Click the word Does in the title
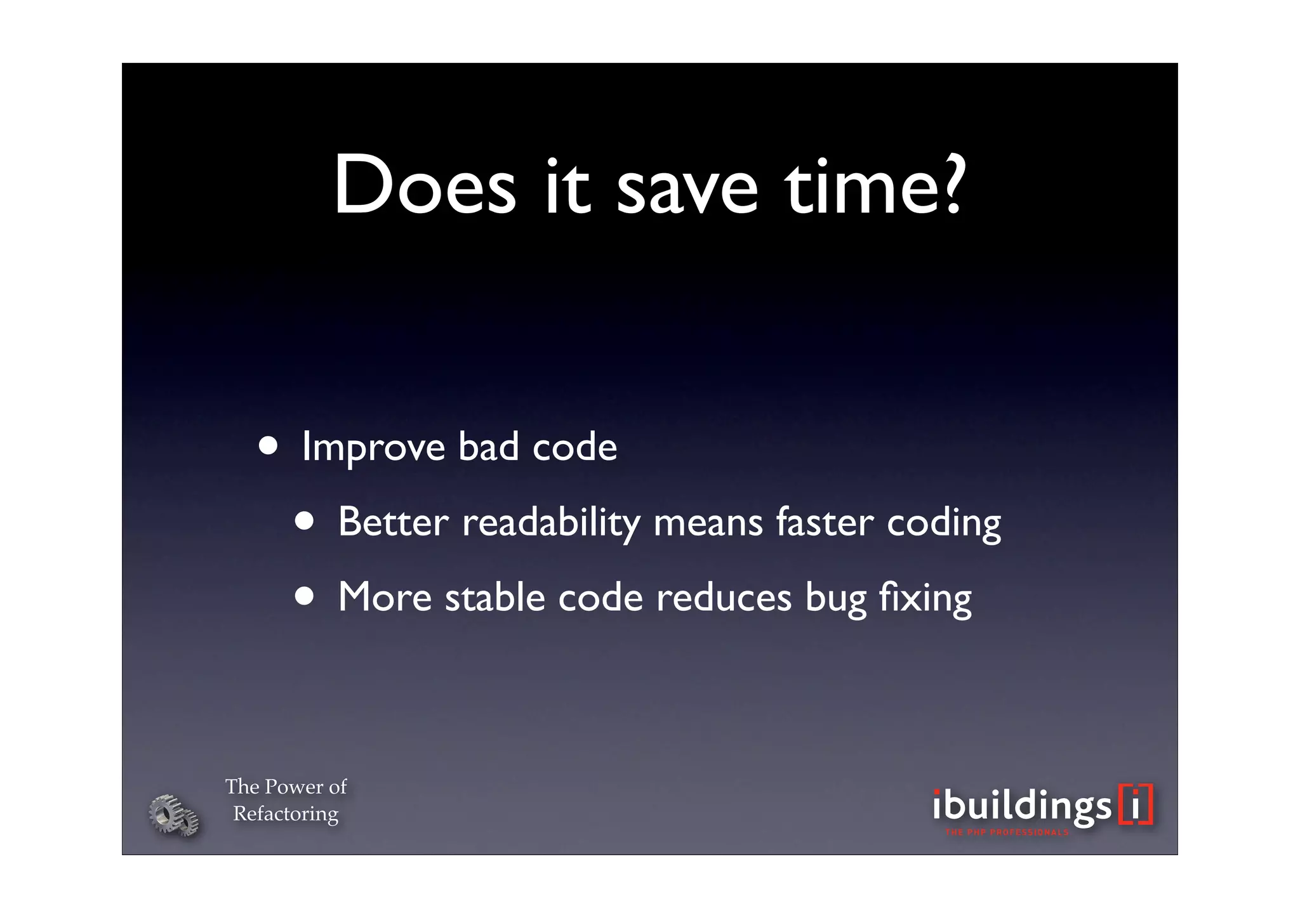pyautogui.click(x=425, y=185)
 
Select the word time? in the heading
pyautogui.click(x=875, y=185)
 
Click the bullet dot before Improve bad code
pyautogui.click(x=268, y=445)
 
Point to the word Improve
pyautogui.click(x=373, y=448)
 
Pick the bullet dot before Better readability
pyautogui.click(x=304, y=521)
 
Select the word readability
pyautogui.click(x=551, y=523)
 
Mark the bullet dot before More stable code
pyautogui.click(x=304, y=596)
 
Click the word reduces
pyautogui.click(x=724, y=598)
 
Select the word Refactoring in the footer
pyautogui.click(x=286, y=814)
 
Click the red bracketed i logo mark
pyautogui.click(x=1136, y=804)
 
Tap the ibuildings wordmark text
pyautogui.click(x=1022, y=806)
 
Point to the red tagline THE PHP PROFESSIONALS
pyautogui.click(x=1007, y=832)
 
